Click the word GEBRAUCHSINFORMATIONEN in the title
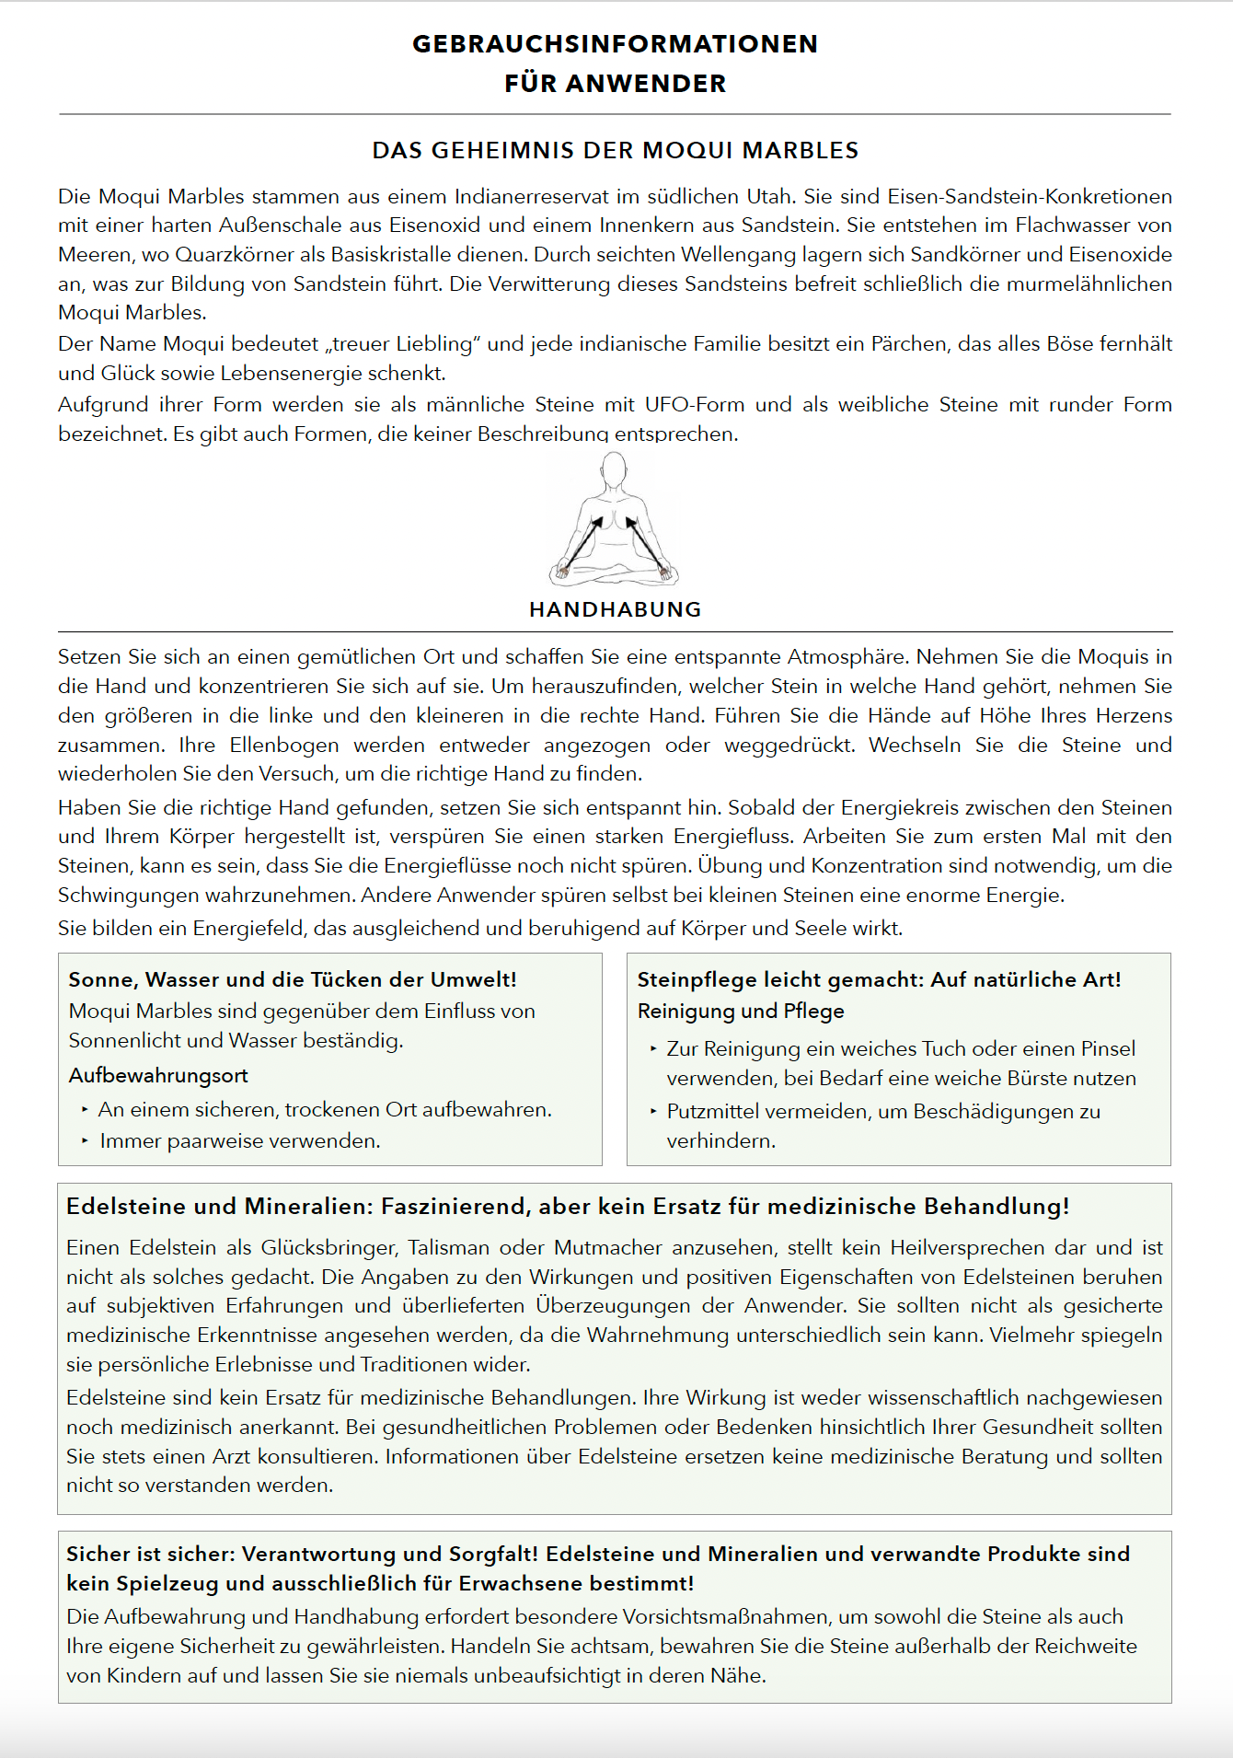point(615,44)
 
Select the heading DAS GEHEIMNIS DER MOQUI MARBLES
point(615,150)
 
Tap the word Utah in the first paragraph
point(772,196)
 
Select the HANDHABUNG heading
point(615,609)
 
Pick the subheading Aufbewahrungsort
point(158,1075)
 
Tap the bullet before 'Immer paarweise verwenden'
point(85,1140)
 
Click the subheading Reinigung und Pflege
point(741,1011)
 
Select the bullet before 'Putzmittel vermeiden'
point(653,1111)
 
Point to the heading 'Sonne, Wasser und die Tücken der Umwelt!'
point(293,979)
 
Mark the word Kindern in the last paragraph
point(144,1675)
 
